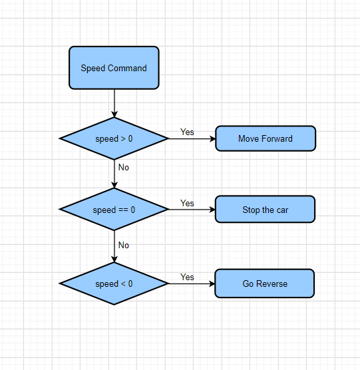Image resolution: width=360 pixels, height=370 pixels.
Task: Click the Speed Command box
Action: tap(114, 68)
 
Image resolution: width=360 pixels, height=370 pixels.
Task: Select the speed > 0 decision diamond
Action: tap(114, 138)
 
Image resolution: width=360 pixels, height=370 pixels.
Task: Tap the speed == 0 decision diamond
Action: tap(114, 210)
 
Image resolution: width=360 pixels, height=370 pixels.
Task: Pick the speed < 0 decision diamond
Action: tap(114, 283)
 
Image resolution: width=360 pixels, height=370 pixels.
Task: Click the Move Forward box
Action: tap(266, 138)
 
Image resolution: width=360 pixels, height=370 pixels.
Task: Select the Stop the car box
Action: tap(265, 210)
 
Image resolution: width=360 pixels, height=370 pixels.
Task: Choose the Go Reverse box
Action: tap(265, 283)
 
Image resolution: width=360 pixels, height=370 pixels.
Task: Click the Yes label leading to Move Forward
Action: tap(187, 132)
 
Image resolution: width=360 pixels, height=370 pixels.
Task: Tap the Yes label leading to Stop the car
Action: tap(187, 203)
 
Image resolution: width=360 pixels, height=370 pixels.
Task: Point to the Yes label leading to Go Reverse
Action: tap(187, 277)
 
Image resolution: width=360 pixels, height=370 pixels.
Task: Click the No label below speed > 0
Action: tap(124, 167)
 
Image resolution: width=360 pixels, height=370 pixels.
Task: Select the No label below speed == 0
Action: tap(124, 245)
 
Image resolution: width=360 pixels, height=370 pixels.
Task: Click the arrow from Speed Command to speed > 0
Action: tap(114, 103)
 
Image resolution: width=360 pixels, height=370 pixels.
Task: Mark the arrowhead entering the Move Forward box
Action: tap(213, 138)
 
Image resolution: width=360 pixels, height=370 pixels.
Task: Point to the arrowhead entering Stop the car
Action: tap(212, 210)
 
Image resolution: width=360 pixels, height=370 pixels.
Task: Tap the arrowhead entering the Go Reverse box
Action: tap(212, 283)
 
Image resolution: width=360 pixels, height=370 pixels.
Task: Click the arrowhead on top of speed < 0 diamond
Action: tap(114, 260)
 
